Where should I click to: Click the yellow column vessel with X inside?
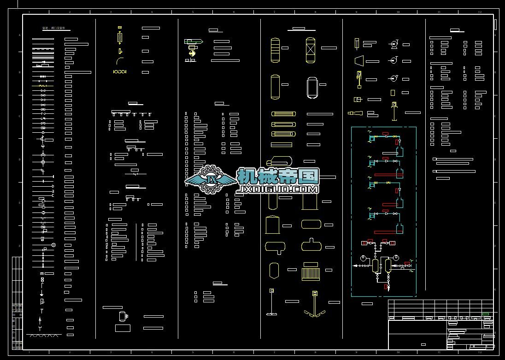pos(311,50)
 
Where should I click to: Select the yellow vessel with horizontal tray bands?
pos(275,50)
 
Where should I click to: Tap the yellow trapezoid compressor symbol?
pos(358,60)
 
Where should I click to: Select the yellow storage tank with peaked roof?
pos(272,224)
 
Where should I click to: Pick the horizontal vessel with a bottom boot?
pos(275,248)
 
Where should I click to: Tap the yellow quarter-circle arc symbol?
pos(120,61)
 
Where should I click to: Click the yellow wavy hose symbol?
pos(119,72)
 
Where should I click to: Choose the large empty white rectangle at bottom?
pos(123,328)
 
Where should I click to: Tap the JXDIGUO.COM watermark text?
pos(278,189)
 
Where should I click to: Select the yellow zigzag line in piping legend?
pos(43,86)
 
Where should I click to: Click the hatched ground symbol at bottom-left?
pos(44,336)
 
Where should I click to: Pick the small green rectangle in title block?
pos(485,314)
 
